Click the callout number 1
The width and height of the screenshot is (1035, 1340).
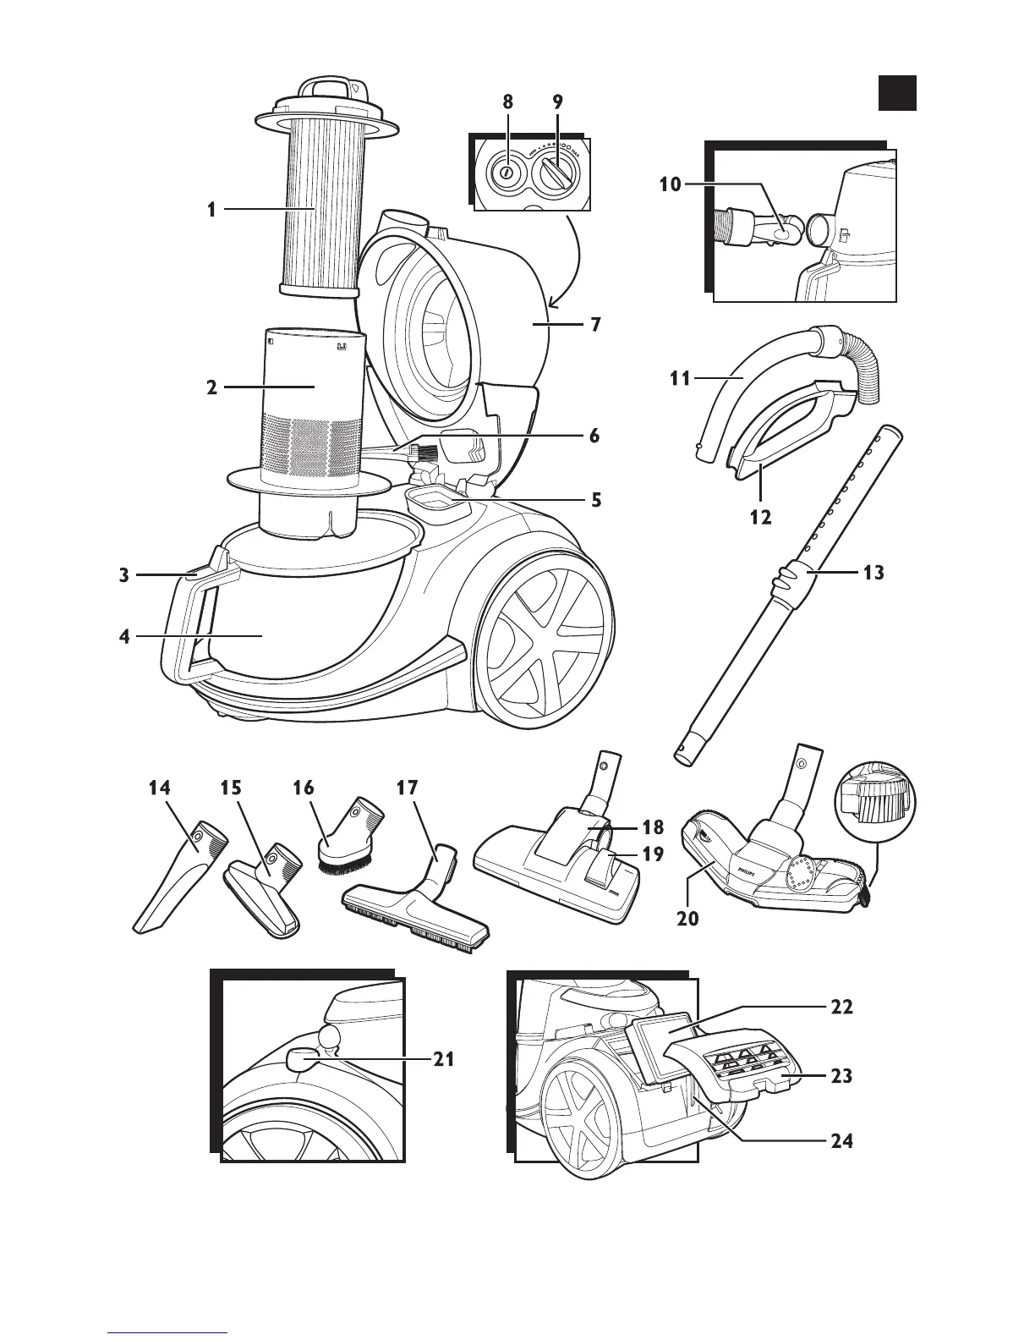point(211,209)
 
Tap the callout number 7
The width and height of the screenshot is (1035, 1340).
point(596,324)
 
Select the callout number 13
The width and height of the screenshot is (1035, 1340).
point(873,573)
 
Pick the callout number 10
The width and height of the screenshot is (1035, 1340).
point(670,184)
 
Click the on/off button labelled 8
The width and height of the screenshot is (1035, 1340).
point(505,172)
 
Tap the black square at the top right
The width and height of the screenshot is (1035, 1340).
point(896,92)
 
